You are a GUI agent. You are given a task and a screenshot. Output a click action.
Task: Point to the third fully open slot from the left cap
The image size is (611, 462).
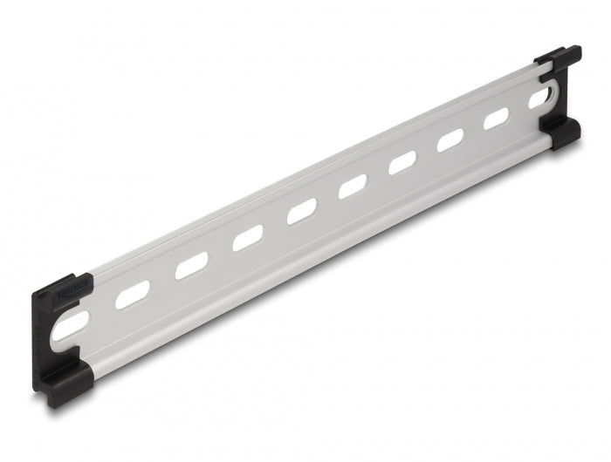(248, 237)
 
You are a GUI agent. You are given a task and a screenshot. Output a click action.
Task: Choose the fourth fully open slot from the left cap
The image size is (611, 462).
(302, 210)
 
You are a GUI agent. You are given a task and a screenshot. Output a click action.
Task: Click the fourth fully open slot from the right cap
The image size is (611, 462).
(354, 185)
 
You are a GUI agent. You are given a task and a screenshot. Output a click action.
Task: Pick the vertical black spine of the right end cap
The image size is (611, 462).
(566, 96)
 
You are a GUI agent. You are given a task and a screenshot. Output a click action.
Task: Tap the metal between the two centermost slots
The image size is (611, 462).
(328, 198)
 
